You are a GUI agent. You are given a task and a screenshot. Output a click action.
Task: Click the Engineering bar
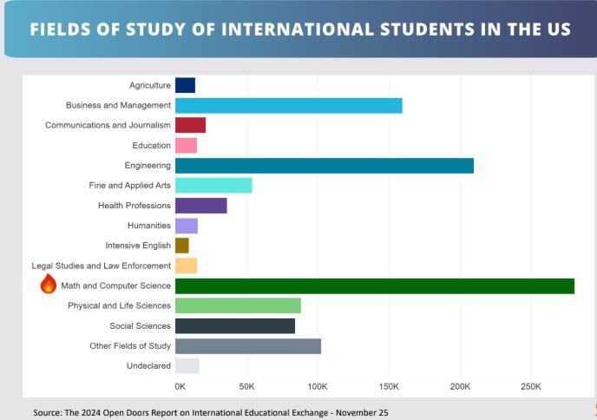[325, 166]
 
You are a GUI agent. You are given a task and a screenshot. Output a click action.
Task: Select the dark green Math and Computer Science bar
[375, 285]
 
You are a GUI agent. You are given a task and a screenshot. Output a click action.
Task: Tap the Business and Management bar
[289, 105]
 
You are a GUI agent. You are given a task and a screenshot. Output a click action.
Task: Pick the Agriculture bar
[185, 85]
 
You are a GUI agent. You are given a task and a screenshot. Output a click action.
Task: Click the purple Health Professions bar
[201, 206]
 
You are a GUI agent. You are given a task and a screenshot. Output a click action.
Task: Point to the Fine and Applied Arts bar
[213, 186]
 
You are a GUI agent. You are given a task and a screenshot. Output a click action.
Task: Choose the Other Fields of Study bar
[248, 346]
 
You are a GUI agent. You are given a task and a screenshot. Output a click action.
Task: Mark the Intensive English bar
[182, 246]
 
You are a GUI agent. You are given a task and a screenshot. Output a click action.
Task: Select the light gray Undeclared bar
[187, 366]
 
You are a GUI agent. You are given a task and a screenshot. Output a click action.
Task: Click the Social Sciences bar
[235, 326]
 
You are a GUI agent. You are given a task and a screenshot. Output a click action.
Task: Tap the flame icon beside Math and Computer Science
[49, 285]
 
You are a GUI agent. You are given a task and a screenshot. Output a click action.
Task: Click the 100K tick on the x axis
[318, 385]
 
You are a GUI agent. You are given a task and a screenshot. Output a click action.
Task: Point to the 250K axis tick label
[530, 385]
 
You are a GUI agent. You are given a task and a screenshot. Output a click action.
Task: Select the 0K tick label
[180, 385]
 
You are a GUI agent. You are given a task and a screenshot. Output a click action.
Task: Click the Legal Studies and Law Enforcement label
[102, 266]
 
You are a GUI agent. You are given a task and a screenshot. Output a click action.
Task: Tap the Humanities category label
[149, 226]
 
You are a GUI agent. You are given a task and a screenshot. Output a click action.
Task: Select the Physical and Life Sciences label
[119, 305]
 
